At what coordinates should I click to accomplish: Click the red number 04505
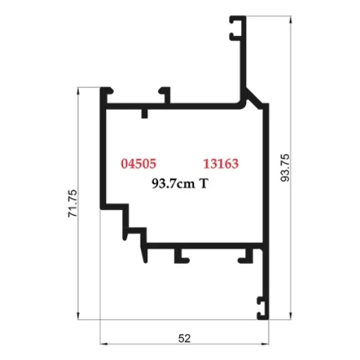click(x=138, y=163)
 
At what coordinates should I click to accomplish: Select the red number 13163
click(x=221, y=163)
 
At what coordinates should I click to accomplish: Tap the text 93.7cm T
click(x=179, y=183)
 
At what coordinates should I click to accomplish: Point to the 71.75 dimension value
click(x=72, y=203)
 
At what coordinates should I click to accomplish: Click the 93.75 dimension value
click(x=285, y=167)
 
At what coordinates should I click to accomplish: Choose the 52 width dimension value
click(x=185, y=338)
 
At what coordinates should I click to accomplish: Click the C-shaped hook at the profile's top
click(x=238, y=28)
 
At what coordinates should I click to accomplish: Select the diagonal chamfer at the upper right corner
click(x=249, y=97)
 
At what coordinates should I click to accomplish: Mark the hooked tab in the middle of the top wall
click(x=165, y=94)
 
